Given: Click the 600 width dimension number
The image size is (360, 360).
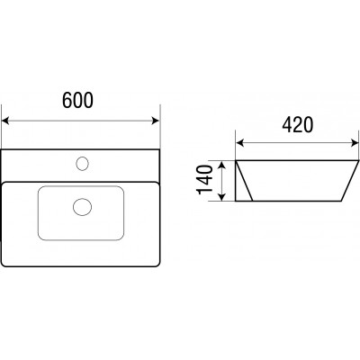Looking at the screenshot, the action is click(x=77, y=100).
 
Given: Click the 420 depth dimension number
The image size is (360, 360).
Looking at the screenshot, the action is click(x=297, y=124).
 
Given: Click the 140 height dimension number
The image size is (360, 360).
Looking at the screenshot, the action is click(x=205, y=180).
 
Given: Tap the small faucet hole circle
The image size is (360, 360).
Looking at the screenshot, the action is click(x=82, y=164).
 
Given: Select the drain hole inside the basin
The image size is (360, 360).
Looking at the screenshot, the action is click(x=82, y=207).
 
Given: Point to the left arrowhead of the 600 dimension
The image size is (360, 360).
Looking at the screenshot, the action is click(x=5, y=121).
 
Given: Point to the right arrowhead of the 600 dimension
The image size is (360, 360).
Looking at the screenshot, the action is click(x=156, y=121).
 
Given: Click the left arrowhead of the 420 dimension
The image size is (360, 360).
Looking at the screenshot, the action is click(x=240, y=143).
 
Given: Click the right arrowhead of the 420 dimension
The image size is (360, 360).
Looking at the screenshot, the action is click(x=354, y=143).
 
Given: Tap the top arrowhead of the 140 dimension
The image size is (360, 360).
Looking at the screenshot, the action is click(x=221, y=165).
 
